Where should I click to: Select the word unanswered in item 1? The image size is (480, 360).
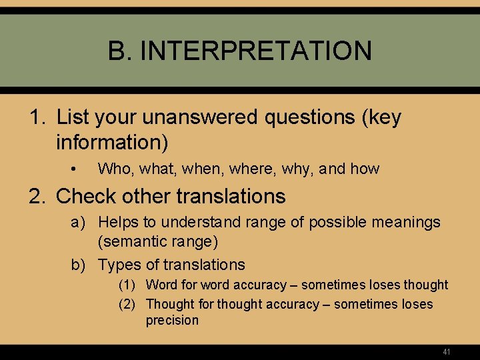click(206, 117)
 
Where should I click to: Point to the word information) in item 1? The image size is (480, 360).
click(112, 142)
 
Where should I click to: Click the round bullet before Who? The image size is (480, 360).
click(78, 169)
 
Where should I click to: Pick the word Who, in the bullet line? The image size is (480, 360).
click(115, 169)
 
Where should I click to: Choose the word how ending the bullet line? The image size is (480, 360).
click(365, 169)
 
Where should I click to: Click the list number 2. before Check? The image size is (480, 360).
click(39, 197)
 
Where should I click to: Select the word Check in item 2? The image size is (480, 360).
click(86, 197)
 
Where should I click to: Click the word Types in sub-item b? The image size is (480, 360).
click(120, 265)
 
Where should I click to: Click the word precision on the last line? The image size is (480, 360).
click(172, 321)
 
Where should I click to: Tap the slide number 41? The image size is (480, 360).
click(447, 351)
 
